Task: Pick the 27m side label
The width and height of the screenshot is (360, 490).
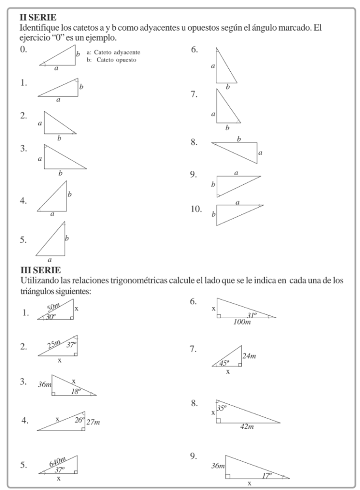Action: click(x=94, y=422)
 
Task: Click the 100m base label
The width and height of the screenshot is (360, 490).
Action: click(x=241, y=323)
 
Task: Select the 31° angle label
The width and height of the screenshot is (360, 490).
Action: click(x=252, y=314)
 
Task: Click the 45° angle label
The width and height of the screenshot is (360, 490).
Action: click(x=225, y=363)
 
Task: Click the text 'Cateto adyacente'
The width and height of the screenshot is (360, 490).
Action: click(x=117, y=52)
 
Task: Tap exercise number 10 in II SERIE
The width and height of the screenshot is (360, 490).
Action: click(x=196, y=209)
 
